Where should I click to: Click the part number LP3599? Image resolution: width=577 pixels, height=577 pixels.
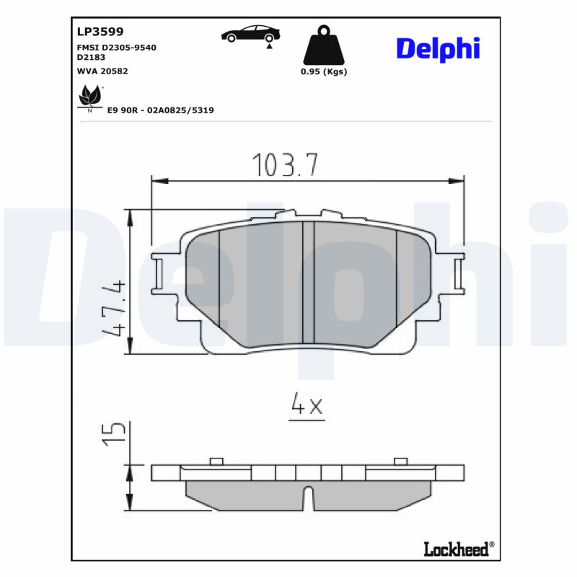click(x=100, y=32)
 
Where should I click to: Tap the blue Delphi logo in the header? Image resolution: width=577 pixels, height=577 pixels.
click(x=438, y=49)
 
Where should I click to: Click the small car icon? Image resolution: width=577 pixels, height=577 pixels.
click(x=251, y=34)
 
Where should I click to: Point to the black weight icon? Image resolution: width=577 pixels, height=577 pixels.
click(x=323, y=46)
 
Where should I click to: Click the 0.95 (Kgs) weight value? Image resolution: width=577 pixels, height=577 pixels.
click(x=323, y=71)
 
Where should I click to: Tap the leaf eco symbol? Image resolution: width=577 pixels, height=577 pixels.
click(x=89, y=97)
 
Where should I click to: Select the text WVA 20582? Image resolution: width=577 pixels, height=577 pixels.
click(x=102, y=71)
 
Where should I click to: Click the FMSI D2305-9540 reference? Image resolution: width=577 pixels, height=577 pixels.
click(x=116, y=47)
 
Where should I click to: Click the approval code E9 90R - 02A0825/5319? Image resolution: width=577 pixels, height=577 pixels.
click(x=160, y=110)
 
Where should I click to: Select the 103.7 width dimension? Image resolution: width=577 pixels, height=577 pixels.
click(x=286, y=166)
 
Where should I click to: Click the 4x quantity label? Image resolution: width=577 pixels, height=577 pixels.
click(x=307, y=407)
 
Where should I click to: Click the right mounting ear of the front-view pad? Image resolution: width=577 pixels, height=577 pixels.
click(x=456, y=274)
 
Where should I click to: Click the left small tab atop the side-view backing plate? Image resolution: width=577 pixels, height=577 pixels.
click(x=216, y=462)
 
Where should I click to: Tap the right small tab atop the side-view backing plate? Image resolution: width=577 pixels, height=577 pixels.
click(x=400, y=462)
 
